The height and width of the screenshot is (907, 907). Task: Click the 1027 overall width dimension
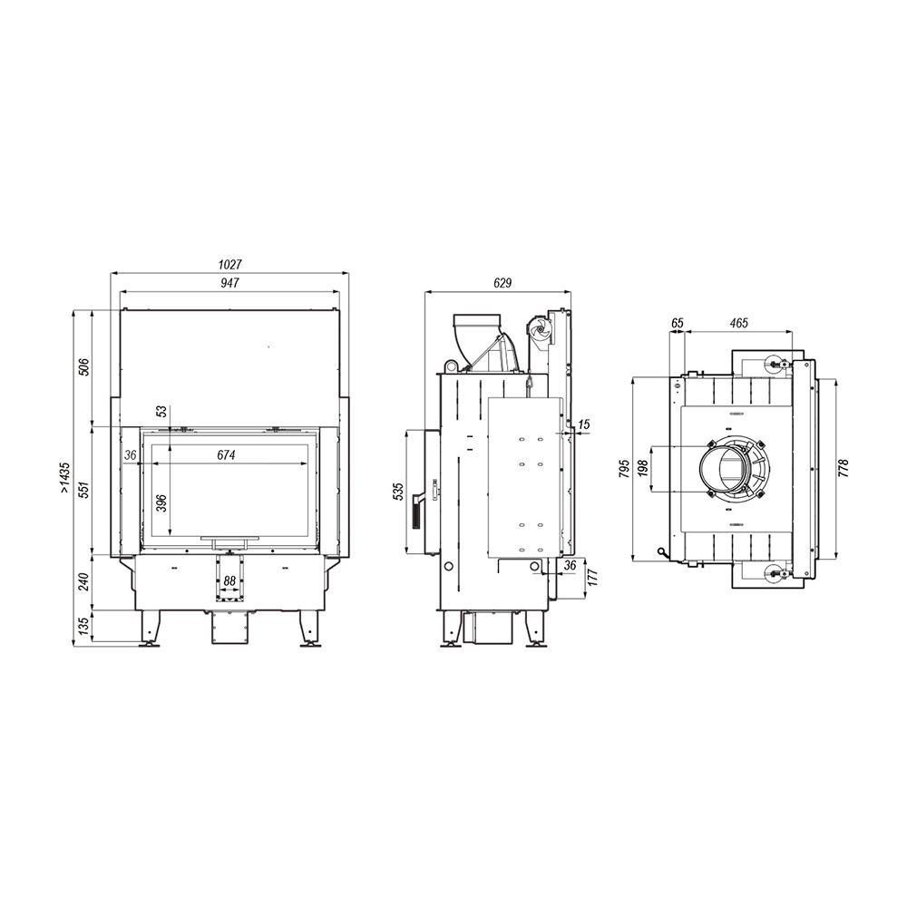tap(229, 264)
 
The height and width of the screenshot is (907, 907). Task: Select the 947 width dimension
tap(229, 283)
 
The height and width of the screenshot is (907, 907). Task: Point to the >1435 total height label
tap(64, 478)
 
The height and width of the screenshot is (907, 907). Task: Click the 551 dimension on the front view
tap(83, 491)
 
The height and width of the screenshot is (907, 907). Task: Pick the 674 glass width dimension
tap(226, 455)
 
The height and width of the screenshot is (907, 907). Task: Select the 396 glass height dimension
tap(161, 503)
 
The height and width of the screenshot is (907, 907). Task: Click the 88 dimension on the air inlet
tap(229, 580)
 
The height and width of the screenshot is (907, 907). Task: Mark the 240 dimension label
tap(83, 581)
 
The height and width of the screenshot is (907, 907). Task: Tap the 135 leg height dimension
tap(83, 627)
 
